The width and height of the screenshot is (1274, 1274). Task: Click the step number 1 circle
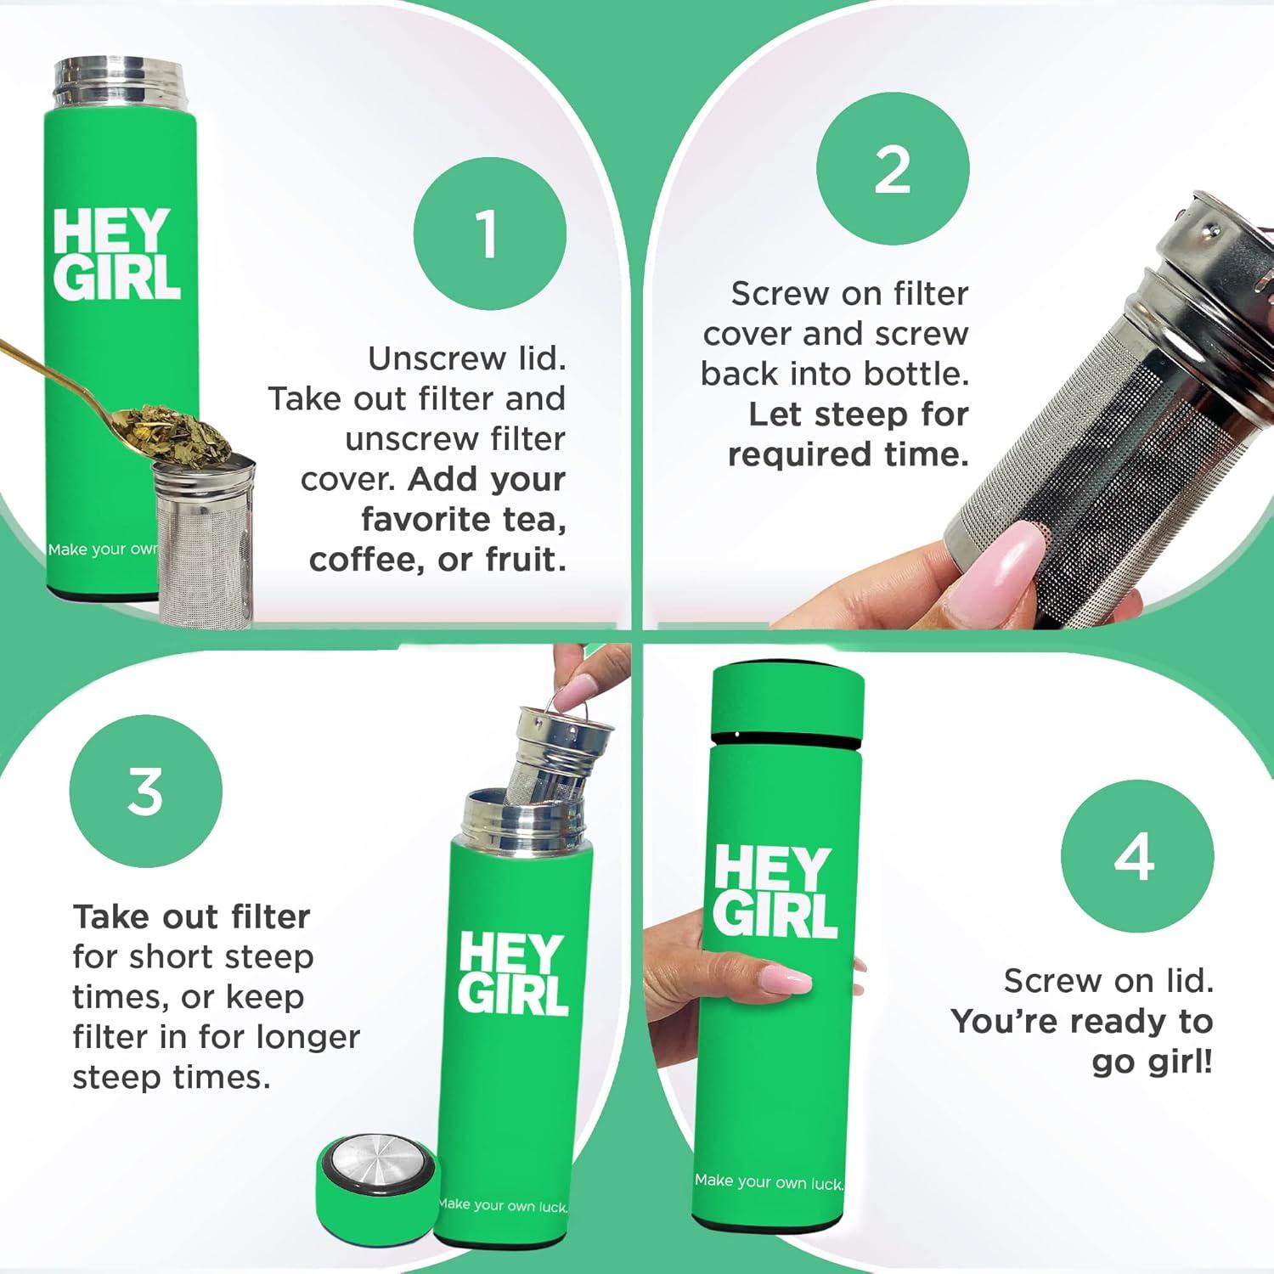[489, 234]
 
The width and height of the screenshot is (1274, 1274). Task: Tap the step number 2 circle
[892, 169]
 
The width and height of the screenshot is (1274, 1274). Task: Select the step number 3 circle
[145, 791]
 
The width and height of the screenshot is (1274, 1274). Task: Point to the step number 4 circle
[1136, 856]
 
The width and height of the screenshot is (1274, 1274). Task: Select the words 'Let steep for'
[858, 414]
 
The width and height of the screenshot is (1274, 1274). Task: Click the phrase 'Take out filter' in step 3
[191, 916]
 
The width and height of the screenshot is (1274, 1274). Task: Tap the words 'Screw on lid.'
[1108, 981]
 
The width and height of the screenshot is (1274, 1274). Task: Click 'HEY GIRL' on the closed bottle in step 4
[775, 892]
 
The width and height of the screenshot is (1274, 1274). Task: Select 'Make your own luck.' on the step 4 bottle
[769, 1181]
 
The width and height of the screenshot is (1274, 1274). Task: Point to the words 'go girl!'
[1152, 1062]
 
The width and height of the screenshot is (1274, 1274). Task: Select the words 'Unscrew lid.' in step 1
[466, 358]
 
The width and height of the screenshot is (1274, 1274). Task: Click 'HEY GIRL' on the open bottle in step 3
[512, 974]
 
